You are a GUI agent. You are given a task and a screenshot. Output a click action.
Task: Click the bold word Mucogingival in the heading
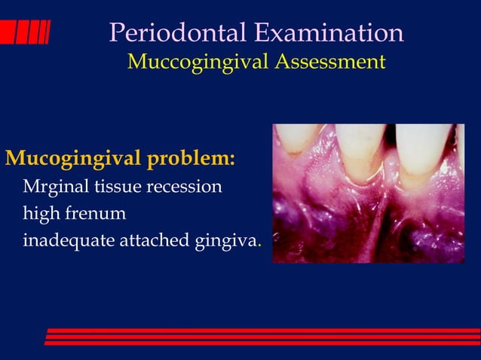[72, 160]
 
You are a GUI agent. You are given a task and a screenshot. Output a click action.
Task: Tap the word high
[40, 214]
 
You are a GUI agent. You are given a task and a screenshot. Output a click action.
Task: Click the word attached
[146, 241]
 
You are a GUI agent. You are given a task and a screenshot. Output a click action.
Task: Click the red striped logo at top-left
[26, 32]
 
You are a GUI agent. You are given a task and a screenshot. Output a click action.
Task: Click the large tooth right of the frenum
[424, 151]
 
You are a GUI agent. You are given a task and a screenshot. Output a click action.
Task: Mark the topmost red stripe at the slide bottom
[264, 331]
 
